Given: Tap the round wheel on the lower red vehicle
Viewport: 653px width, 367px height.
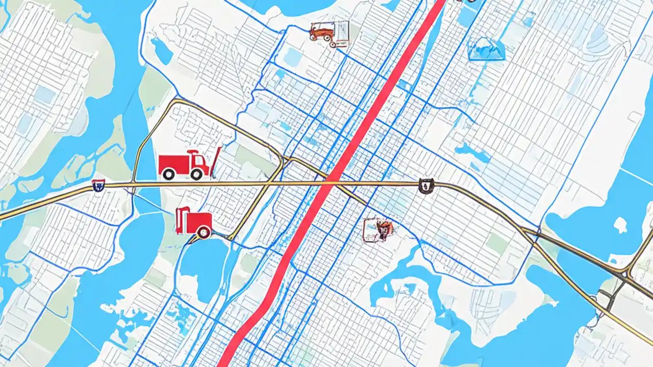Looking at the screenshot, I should tap(204, 233).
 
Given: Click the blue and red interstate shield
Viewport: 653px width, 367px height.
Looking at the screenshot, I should tap(98, 186).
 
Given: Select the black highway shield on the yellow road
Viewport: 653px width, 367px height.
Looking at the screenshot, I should tap(425, 186).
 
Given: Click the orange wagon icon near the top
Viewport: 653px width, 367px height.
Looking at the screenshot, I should tap(321, 32).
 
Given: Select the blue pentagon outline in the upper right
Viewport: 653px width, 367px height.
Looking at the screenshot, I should tap(486, 49).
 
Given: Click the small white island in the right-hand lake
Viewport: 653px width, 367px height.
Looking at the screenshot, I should tap(620, 224).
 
